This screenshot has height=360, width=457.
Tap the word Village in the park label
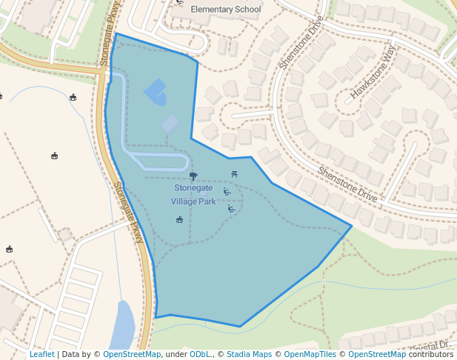tap(184, 201)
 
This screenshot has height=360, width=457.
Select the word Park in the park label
tap(207, 201)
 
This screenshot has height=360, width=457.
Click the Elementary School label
tap(226, 10)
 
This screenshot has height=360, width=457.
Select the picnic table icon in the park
tap(234, 174)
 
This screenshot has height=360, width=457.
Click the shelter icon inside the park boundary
tap(179, 219)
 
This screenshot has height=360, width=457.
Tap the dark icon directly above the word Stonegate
tap(193, 176)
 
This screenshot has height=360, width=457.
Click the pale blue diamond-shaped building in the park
tap(170, 124)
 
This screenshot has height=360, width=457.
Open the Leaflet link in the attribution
tap(41, 354)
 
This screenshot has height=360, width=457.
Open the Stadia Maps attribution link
tap(249, 354)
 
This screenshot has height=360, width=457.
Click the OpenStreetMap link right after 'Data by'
tap(132, 354)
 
